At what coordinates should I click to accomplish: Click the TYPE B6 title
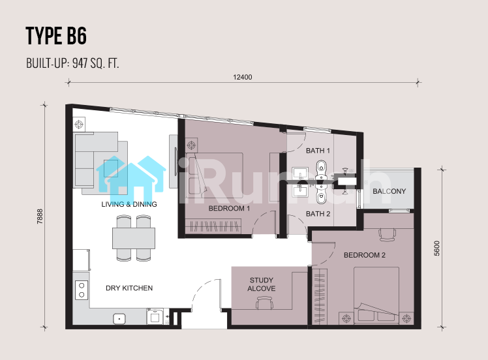click(56, 36)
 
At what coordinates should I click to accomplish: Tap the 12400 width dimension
click(243, 77)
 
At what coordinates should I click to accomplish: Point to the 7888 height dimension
click(40, 217)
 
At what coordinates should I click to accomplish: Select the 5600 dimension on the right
click(437, 248)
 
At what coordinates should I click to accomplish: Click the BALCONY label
click(389, 191)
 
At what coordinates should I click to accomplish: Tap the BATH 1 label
click(318, 151)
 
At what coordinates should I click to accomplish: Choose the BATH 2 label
click(318, 214)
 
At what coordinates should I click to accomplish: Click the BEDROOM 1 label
click(229, 209)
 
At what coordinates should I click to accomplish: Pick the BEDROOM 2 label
click(365, 255)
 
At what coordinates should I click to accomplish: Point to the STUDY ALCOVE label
click(262, 284)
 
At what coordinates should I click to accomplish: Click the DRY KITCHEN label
click(129, 288)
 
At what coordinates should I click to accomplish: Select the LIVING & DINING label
click(129, 204)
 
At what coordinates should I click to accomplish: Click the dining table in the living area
click(134, 238)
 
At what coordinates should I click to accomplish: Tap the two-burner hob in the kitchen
click(82, 290)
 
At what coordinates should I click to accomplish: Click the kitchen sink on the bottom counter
click(119, 319)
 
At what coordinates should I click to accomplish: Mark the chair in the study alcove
click(264, 303)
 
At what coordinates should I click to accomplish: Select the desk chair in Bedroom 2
click(388, 235)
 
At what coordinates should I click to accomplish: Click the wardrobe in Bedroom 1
click(213, 226)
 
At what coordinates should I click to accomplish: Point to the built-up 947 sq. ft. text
click(72, 63)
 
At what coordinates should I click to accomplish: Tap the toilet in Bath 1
click(321, 168)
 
